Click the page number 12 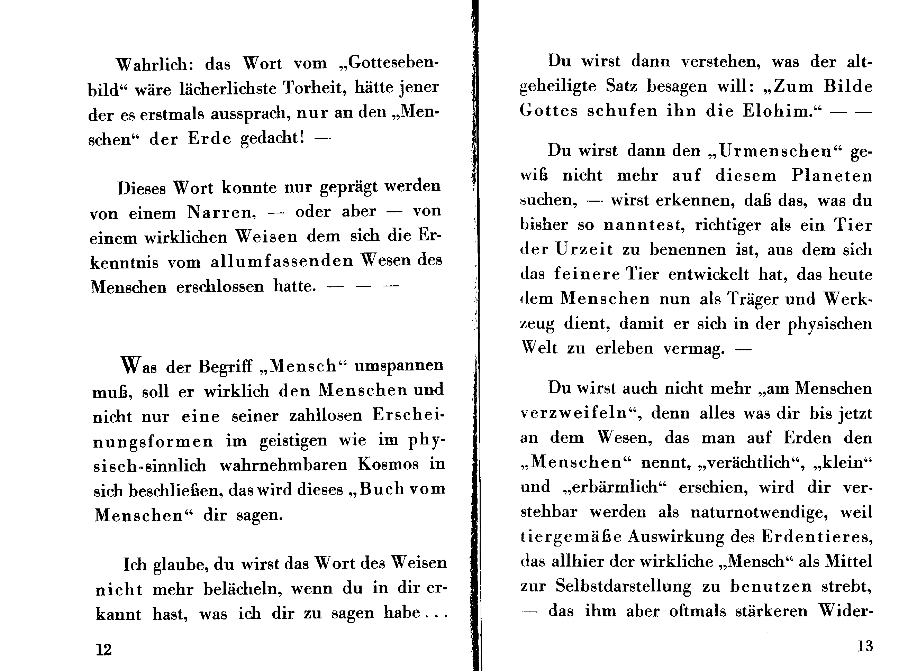103,650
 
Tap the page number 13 865,645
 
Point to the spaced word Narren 221,212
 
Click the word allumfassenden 282,261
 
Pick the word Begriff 225,367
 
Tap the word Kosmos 388,464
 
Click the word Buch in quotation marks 382,489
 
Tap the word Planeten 832,176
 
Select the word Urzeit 584,249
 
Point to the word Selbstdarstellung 623,587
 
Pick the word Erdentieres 817,537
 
